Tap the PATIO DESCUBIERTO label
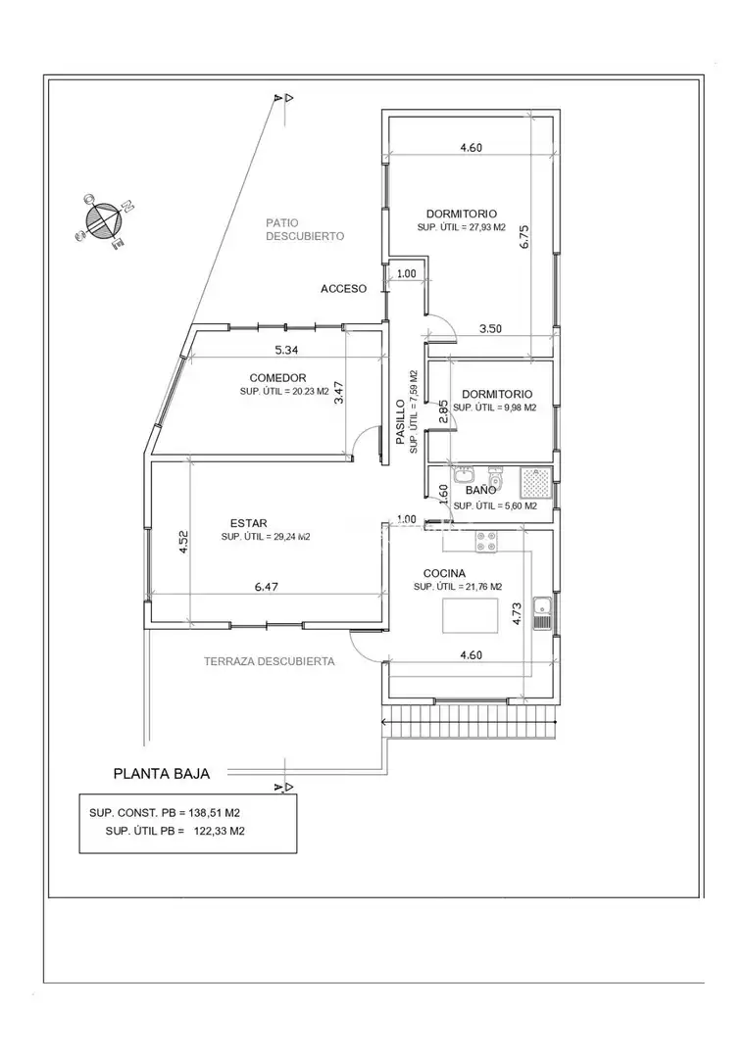click(x=305, y=229)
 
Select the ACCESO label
click(x=344, y=289)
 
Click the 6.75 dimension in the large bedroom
click(x=525, y=237)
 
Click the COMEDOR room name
click(x=278, y=378)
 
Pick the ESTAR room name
click(x=248, y=523)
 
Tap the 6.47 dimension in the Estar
click(x=267, y=587)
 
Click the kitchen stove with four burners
click(x=487, y=542)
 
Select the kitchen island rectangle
click(x=470, y=616)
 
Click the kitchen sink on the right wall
click(x=542, y=613)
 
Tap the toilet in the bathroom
click(x=496, y=478)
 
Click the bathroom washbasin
click(x=463, y=476)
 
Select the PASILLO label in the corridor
click(x=400, y=422)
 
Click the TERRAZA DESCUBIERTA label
click(x=270, y=662)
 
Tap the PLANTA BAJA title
click(x=162, y=774)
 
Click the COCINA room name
click(x=444, y=573)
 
